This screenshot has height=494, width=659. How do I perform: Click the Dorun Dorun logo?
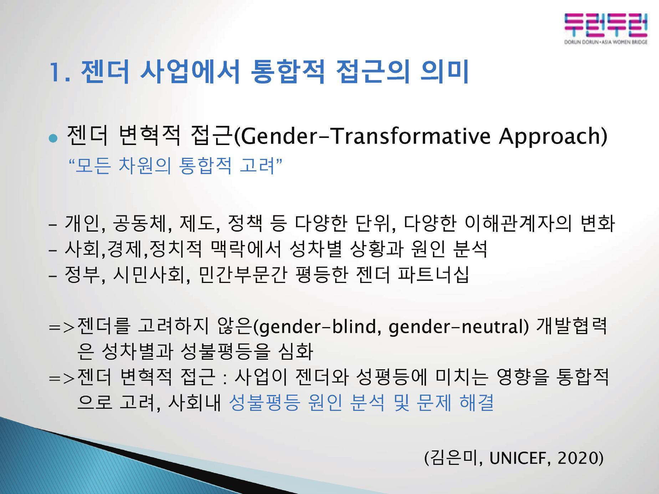tap(606, 29)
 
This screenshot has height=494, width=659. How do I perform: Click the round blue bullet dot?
tap(53, 138)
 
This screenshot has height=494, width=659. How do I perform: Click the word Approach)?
tap(553, 136)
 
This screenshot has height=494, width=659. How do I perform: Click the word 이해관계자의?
tap(518, 223)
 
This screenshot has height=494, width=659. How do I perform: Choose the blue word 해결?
tap(477, 403)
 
